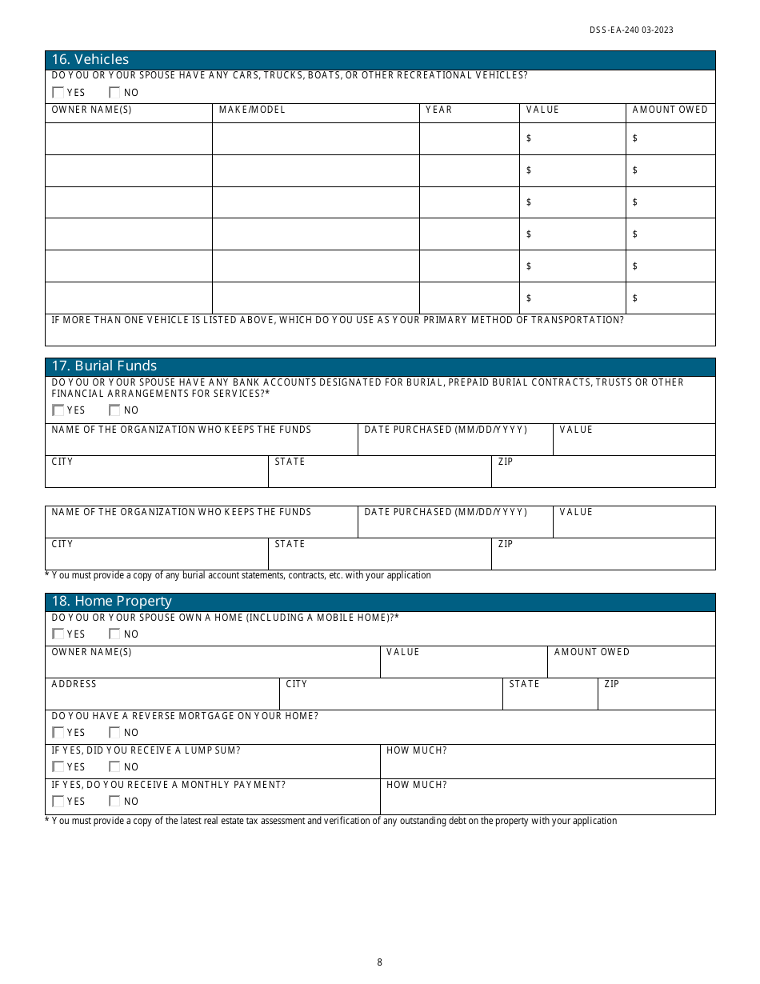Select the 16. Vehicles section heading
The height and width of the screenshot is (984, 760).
90,59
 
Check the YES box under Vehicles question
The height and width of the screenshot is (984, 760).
58,93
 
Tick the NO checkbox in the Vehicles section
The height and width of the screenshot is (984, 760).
114,93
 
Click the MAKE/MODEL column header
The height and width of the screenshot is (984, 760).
252,110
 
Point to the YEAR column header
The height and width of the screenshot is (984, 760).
438,110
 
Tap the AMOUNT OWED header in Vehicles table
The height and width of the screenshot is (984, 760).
670,110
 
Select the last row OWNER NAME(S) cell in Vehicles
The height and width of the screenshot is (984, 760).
128,298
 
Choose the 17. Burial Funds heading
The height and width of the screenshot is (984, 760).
104,366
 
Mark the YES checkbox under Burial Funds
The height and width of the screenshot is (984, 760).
58,410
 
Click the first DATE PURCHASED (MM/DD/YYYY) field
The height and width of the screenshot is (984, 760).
454,443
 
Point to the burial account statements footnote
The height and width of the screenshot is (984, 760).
238,575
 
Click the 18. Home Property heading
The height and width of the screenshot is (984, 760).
111,602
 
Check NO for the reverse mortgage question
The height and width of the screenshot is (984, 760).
114,733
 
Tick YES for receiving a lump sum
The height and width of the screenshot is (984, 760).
58,767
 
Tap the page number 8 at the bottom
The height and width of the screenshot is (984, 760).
380,962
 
